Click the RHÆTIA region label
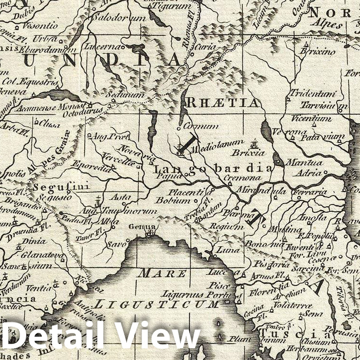click(x=222, y=102)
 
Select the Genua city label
click(x=144, y=227)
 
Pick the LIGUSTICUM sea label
click(x=157, y=303)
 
